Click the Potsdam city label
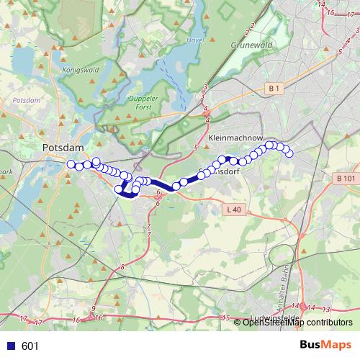(x=63, y=148)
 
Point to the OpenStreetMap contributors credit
(x=297, y=323)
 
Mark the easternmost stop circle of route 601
(x=289, y=153)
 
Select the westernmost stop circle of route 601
(x=71, y=165)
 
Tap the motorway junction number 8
(x=122, y=267)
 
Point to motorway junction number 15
(x=225, y=318)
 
